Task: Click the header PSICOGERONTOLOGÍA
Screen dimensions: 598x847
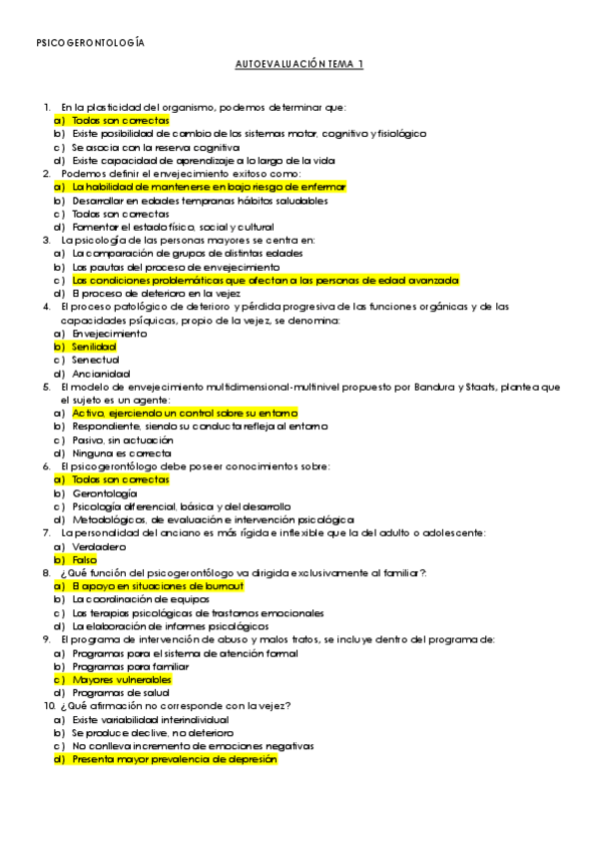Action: click(90, 43)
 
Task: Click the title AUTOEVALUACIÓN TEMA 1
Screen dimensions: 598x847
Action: click(299, 64)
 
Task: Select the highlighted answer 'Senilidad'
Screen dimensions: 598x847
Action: click(94, 346)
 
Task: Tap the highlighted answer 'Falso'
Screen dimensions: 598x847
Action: click(86, 559)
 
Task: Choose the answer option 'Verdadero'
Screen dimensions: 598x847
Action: click(99, 546)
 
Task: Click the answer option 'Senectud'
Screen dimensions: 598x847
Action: click(95, 360)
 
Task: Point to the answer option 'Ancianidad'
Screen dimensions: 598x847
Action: click(100, 373)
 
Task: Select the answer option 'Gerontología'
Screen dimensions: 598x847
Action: click(105, 492)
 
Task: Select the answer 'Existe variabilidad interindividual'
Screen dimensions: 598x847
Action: click(150, 719)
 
